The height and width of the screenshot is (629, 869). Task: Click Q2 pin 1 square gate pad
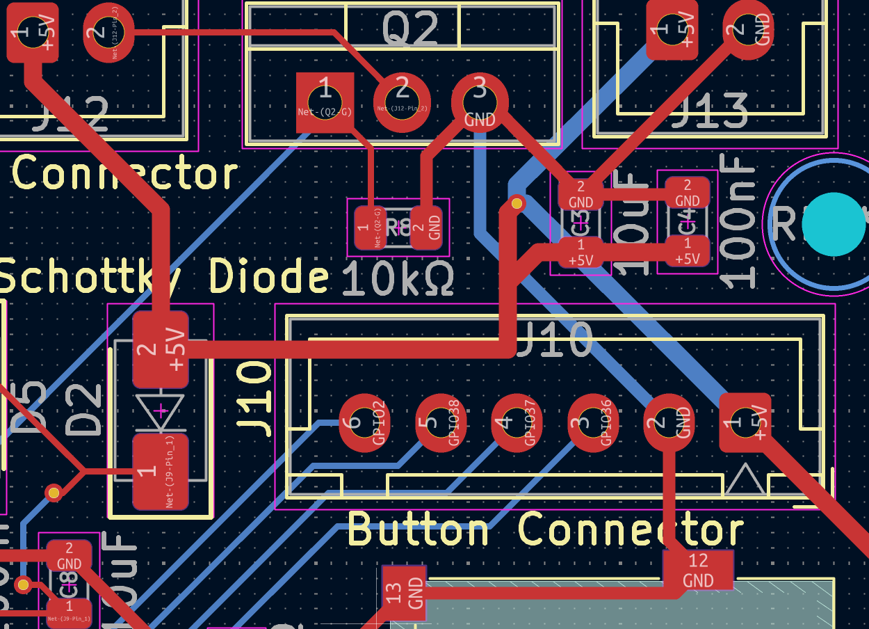coord(325,102)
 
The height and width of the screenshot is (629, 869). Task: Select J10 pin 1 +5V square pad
coord(745,422)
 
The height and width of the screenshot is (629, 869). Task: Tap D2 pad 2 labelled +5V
coord(161,349)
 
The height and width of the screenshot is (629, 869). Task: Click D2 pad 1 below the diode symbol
coord(161,472)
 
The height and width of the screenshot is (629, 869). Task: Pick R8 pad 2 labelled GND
coord(426,227)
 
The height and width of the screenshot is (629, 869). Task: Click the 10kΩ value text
coord(398,280)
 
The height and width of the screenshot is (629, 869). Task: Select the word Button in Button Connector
coord(419,530)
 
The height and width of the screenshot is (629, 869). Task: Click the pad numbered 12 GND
coord(698,570)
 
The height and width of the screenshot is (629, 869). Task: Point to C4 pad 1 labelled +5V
coord(688,250)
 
